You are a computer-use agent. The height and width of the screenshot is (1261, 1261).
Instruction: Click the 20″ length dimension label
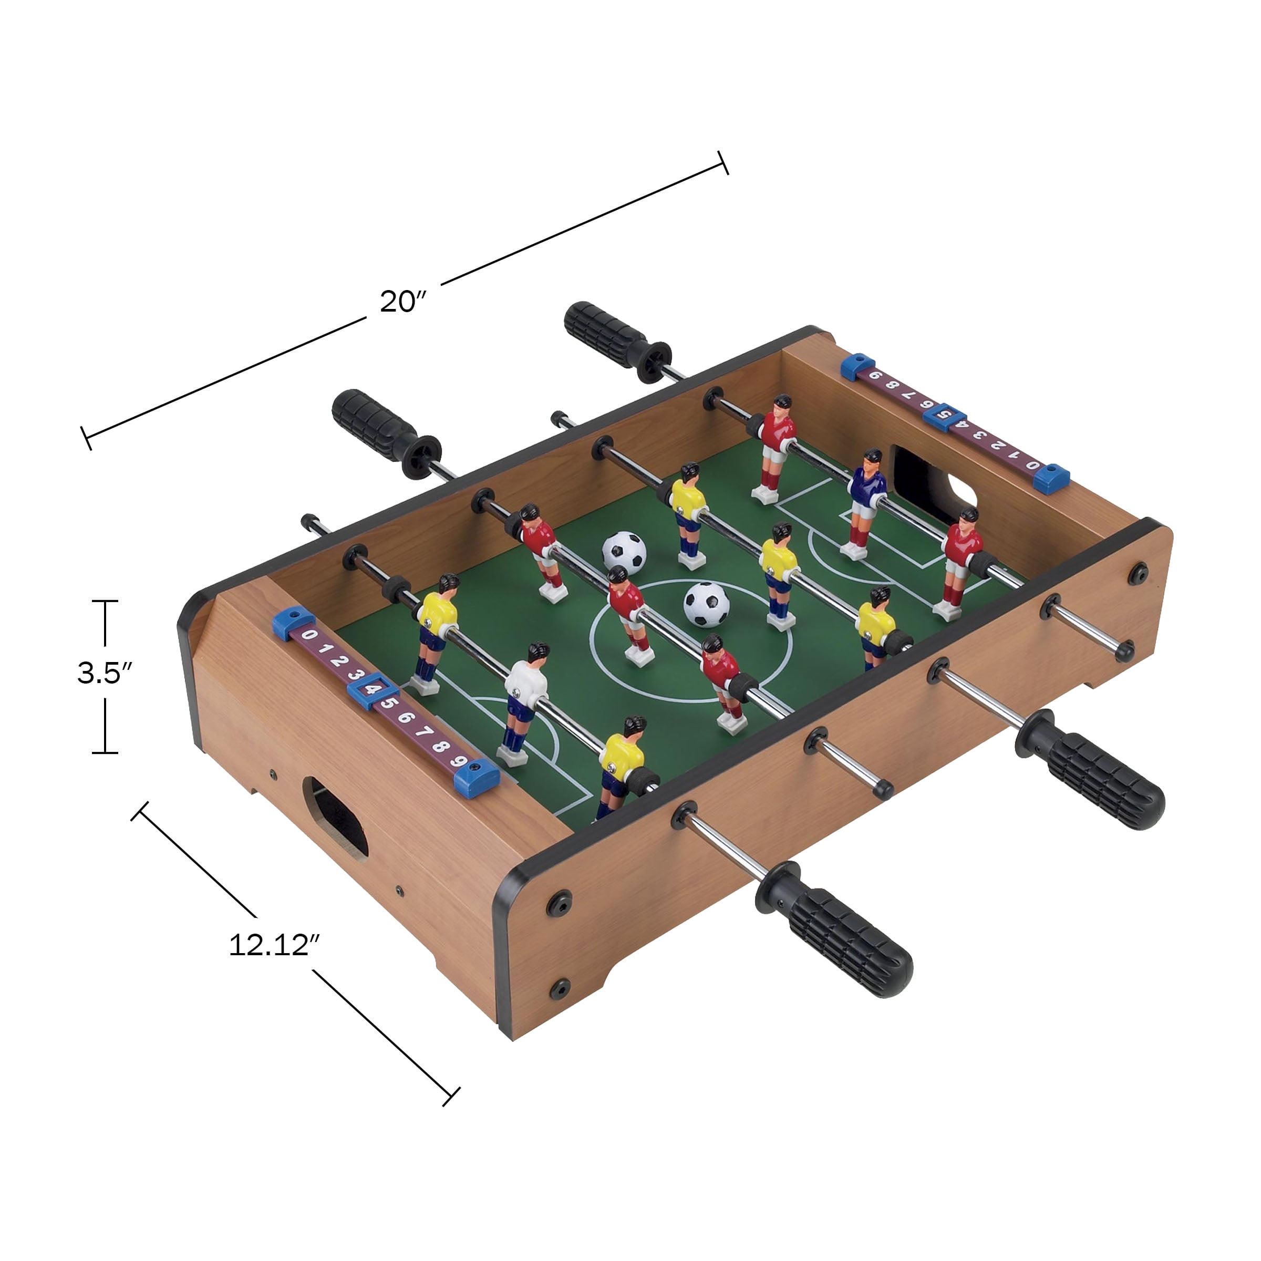(402, 302)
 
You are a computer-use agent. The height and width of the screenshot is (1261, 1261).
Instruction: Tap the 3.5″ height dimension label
(105, 673)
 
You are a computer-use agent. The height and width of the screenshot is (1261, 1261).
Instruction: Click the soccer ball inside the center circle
(706, 604)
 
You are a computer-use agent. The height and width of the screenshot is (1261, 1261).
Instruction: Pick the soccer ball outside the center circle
(624, 553)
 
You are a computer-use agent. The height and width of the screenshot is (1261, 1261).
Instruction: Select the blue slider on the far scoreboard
(944, 413)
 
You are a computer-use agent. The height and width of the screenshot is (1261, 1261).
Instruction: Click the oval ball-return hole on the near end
(336, 819)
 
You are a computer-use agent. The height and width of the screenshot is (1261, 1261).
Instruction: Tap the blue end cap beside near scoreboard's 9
(477, 779)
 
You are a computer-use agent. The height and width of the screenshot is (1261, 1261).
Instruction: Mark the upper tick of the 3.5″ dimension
(105, 601)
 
